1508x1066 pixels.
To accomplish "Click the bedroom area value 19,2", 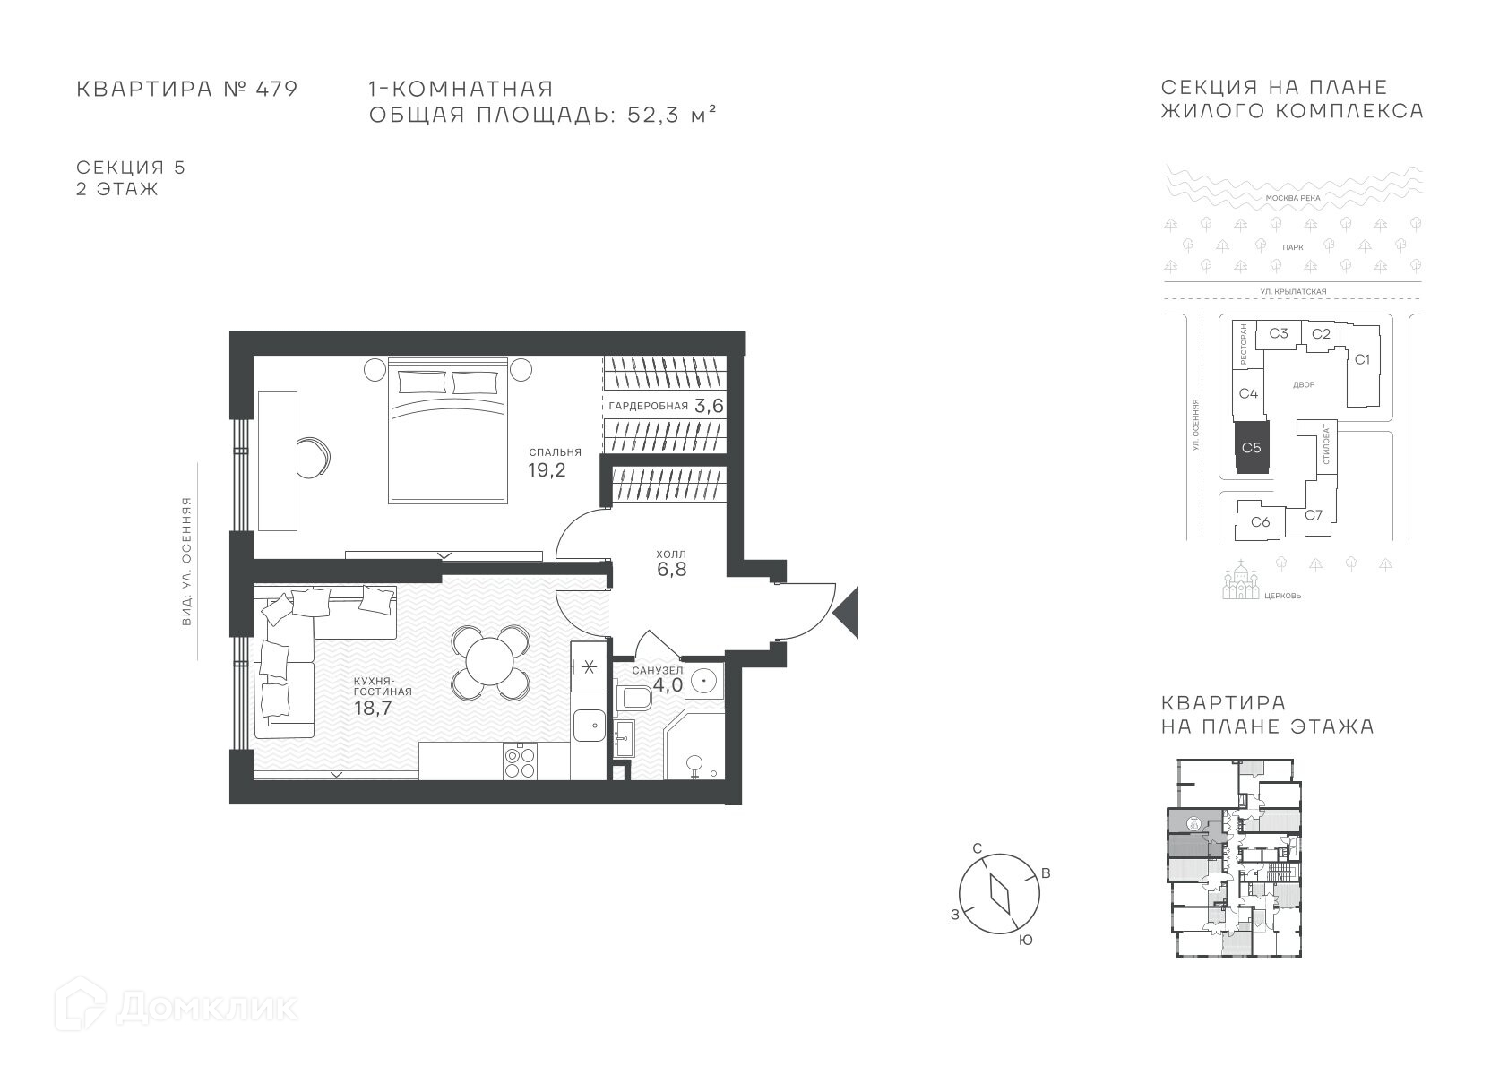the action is point(547,470).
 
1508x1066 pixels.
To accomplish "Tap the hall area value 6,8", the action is point(672,570).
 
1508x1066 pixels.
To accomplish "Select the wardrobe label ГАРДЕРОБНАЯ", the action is point(649,406).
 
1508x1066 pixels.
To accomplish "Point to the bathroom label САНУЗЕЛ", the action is point(657,671).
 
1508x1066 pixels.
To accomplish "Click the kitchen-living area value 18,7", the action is point(373,708).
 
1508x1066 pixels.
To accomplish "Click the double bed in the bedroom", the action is point(448,431).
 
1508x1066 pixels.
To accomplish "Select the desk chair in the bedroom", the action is point(313,458).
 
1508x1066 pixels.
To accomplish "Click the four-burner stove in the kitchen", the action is point(520,761).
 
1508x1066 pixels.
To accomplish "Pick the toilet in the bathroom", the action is point(634,699).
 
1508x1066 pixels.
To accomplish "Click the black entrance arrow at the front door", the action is point(846,613).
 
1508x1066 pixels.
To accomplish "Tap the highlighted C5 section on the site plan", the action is point(1252,448).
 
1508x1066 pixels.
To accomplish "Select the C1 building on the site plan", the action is point(1362,365).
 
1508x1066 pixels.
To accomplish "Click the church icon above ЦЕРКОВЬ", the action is point(1241,580).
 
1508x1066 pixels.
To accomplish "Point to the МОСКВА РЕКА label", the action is point(1293,199).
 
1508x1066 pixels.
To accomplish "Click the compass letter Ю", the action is point(1026,941).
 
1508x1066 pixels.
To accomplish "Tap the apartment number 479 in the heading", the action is point(276,89).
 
